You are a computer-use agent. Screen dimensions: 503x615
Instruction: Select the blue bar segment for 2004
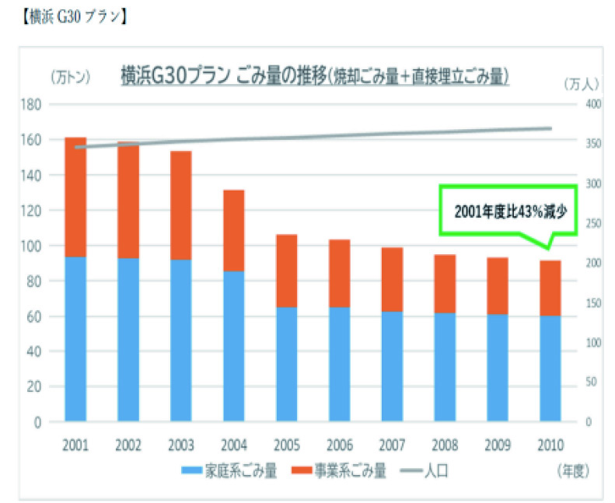234,346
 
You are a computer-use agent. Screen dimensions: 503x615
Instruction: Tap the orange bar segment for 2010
550,288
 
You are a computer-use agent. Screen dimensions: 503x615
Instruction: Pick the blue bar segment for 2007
393,366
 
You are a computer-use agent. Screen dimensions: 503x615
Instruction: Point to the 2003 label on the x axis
180,446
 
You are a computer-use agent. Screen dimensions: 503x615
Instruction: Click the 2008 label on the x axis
445,446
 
